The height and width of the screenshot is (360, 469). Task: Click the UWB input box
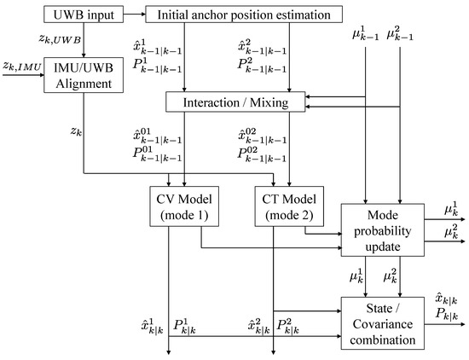83,14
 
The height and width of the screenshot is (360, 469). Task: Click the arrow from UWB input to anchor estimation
133,14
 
